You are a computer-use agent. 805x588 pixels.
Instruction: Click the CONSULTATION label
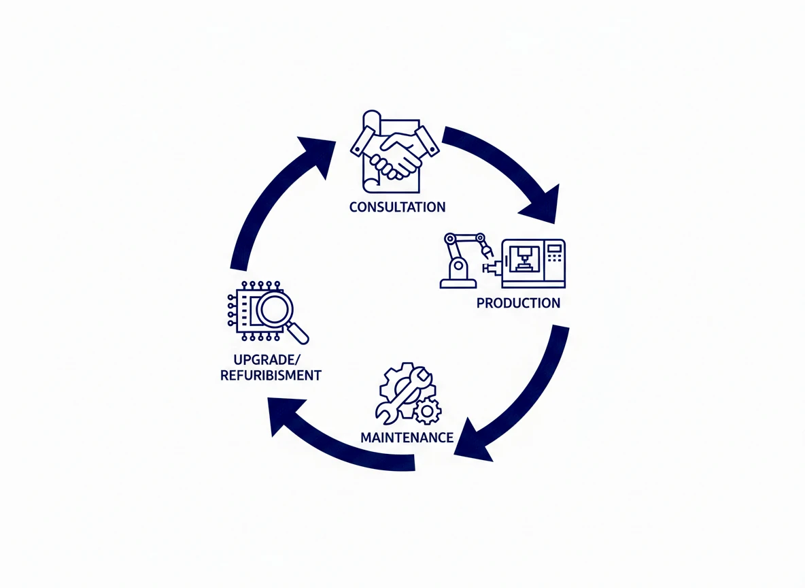click(397, 207)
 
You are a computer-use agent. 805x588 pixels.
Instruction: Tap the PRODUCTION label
click(518, 303)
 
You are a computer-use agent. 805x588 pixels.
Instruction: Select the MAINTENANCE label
click(407, 437)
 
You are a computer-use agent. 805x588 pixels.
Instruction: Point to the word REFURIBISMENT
click(271, 375)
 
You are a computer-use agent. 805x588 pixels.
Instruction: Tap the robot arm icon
click(462, 259)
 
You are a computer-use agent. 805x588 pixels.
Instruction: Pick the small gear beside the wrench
click(428, 410)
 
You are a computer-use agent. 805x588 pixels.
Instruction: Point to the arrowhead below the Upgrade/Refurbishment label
click(281, 416)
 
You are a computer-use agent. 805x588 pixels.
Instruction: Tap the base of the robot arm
click(453, 281)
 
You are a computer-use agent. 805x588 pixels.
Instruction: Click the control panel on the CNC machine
click(555, 261)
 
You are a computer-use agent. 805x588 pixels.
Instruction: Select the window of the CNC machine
click(521, 259)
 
